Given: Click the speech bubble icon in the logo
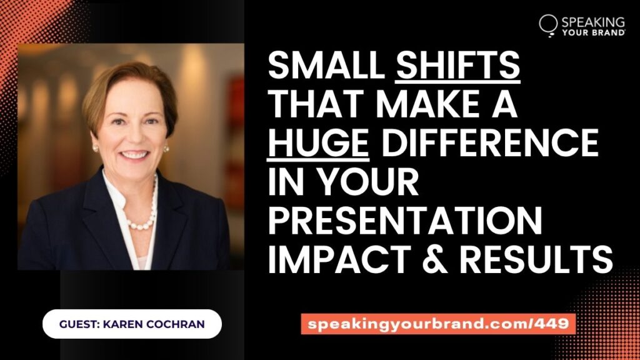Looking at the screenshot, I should (548, 24).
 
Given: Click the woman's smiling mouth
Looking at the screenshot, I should (132, 154).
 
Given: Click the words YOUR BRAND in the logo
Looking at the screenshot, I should (594, 32).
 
